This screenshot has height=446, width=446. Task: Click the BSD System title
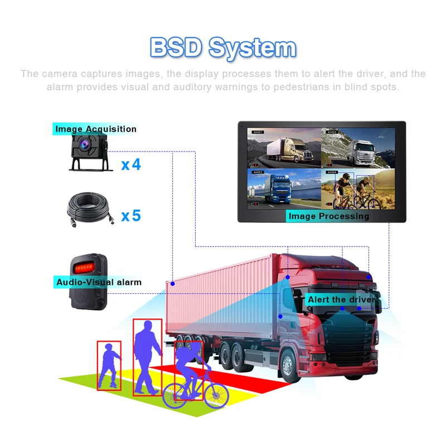pos(222,48)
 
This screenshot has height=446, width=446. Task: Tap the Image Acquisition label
pos(95,129)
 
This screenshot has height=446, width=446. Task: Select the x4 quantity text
pos(131,164)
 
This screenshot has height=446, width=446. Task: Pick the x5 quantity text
pos(131,215)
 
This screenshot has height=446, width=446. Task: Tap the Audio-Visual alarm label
pos(99,282)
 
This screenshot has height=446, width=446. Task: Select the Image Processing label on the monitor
pos(328,216)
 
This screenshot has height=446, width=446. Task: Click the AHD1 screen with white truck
pos(284,147)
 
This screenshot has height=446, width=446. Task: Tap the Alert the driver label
pos(341,300)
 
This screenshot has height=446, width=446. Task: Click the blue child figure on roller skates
pos(108,365)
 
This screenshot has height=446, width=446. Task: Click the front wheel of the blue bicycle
pos(216,394)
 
